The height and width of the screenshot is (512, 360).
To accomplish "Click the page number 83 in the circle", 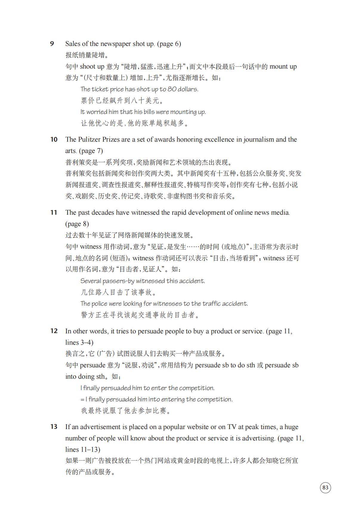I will pos(325,487).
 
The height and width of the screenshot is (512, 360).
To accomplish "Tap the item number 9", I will pos(52,44).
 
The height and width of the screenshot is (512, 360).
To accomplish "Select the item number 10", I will pos(54,139).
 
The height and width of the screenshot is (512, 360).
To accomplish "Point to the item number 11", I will pos(54,212).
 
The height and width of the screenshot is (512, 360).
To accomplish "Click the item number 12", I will pos(54,331).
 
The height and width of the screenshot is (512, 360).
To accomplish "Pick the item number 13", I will pos(54,427).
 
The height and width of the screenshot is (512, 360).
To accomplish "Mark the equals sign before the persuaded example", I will pos(82,400).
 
